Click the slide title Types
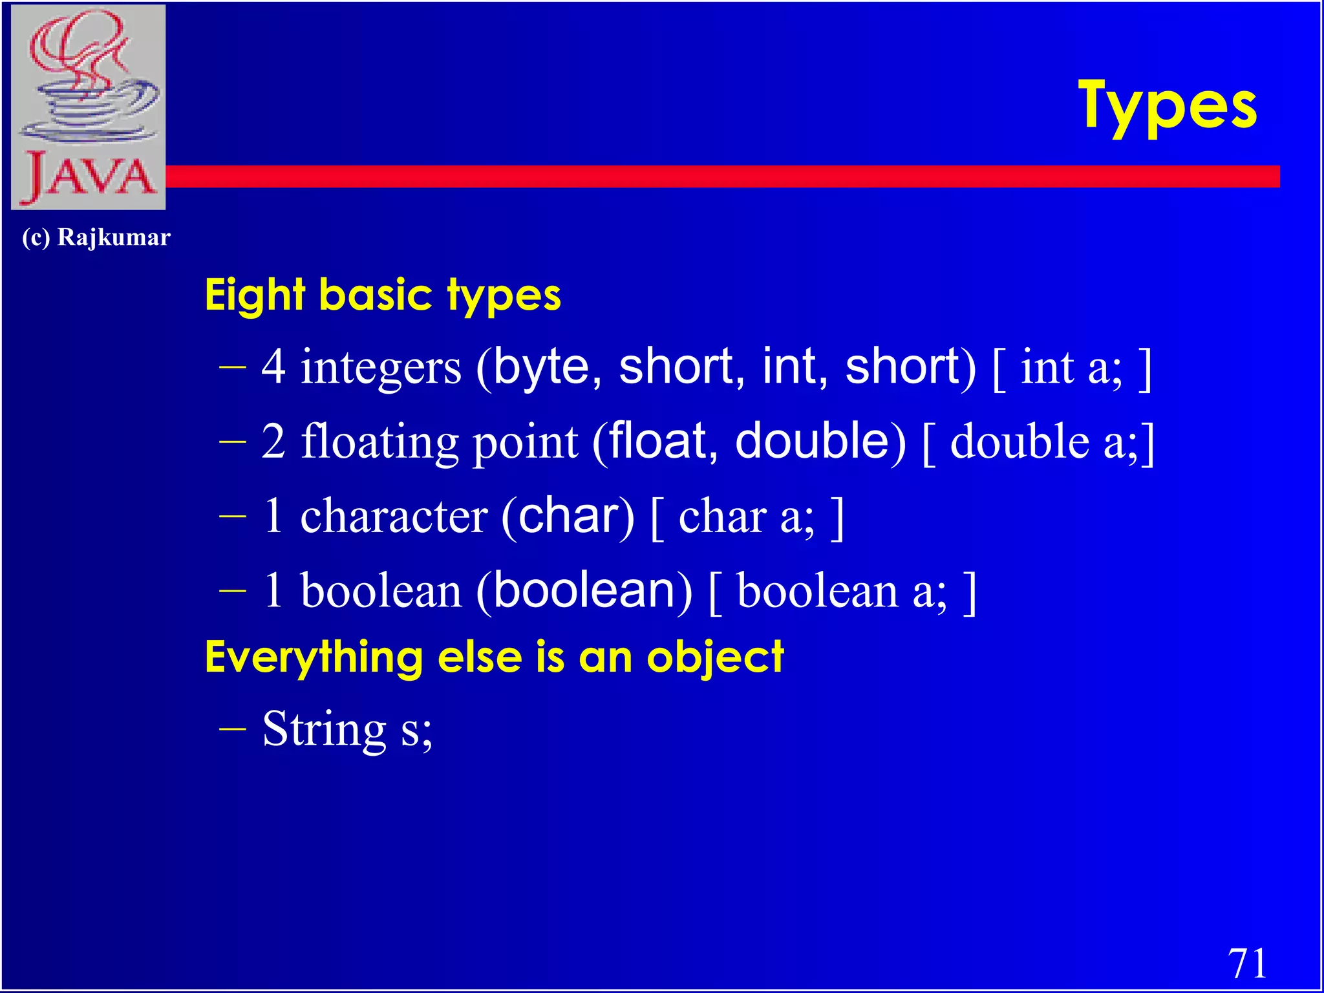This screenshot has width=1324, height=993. coord(1168,107)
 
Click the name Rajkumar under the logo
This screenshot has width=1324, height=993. coord(114,237)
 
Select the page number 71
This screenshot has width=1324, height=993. coord(1247,963)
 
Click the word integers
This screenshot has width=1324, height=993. coord(381,367)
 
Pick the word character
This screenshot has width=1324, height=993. coord(394,517)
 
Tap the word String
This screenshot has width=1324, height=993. coord(324,729)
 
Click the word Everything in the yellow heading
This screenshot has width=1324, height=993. coord(314,658)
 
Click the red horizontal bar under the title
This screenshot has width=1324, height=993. coord(711,176)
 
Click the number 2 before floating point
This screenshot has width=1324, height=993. coord(273,441)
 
